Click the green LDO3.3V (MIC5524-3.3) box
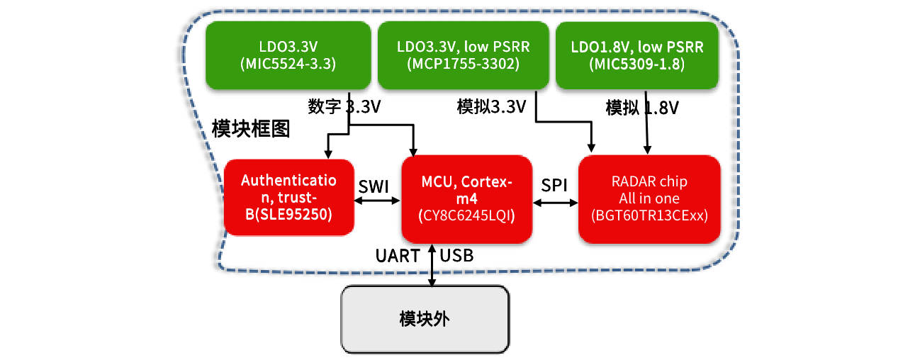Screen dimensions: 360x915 (x=288, y=55)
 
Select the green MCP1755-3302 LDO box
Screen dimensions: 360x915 (x=464, y=55)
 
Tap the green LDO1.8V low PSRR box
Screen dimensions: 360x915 (x=637, y=55)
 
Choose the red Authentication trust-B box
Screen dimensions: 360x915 (x=288, y=197)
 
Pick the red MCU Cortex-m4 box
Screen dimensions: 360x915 (x=466, y=198)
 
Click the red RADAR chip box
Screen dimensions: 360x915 (x=649, y=198)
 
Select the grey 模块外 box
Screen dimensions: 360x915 (x=425, y=319)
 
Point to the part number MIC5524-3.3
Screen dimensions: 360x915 (x=288, y=64)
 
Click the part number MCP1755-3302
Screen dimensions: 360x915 (x=464, y=64)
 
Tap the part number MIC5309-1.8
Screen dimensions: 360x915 (x=637, y=64)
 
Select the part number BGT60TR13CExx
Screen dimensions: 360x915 (x=649, y=215)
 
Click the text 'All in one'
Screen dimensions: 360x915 (x=649, y=198)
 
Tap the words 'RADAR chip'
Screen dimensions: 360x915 (x=649, y=181)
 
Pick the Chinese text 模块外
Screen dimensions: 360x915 (x=425, y=319)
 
